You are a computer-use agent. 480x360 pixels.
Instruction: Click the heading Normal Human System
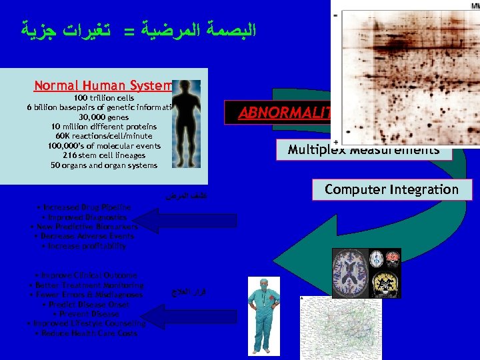(103, 85)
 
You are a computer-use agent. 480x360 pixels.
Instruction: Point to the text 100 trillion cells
(103, 98)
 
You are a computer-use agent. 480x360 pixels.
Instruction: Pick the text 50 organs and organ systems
(104, 165)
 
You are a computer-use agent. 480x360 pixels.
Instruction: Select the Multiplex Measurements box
(363, 150)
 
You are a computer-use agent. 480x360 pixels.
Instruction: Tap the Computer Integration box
(391, 189)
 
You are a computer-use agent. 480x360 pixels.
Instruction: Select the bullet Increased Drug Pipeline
(84, 207)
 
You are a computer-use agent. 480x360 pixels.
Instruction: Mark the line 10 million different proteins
(104, 127)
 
